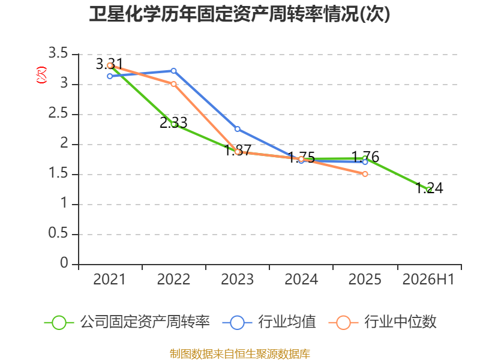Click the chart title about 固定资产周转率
(239, 14)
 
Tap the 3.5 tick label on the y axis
(58, 53)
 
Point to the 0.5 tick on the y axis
(58, 233)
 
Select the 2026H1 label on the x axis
(428, 279)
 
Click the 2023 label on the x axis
(237, 279)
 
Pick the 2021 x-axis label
(109, 279)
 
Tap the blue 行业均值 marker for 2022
(173, 71)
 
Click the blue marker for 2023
(237, 129)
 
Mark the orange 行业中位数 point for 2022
(173, 84)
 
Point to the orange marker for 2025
(365, 174)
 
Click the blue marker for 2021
(110, 76)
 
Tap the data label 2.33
(173, 123)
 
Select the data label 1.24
(429, 188)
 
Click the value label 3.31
(109, 64)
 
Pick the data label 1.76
(365, 157)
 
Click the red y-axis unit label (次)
(41, 75)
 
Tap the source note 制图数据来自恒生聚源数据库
(240, 354)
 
